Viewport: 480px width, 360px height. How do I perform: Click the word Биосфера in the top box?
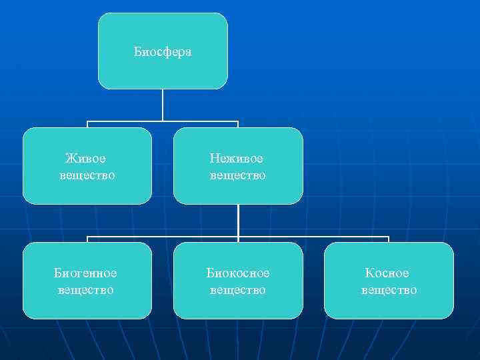[163, 51]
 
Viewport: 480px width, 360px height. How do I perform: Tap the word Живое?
[86, 159]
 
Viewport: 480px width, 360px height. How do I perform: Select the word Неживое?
[237, 159]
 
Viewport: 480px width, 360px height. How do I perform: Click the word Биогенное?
[86, 273]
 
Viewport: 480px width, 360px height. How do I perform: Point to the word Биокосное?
[238, 273]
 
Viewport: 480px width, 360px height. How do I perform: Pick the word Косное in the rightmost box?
[387, 273]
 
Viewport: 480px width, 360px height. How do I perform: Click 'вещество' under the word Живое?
[87, 175]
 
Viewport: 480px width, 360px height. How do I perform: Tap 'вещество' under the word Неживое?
[237, 175]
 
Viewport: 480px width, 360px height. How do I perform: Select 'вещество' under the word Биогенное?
[86, 290]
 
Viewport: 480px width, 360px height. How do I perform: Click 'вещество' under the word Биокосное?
[238, 290]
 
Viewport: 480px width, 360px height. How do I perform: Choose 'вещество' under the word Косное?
[389, 290]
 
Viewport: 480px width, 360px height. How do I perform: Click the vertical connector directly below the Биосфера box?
[163, 105]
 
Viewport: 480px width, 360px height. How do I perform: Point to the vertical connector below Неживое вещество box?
[238, 220]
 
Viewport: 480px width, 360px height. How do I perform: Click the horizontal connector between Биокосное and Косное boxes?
[313, 237]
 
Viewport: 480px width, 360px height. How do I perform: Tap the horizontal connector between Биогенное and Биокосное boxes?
[163, 237]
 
